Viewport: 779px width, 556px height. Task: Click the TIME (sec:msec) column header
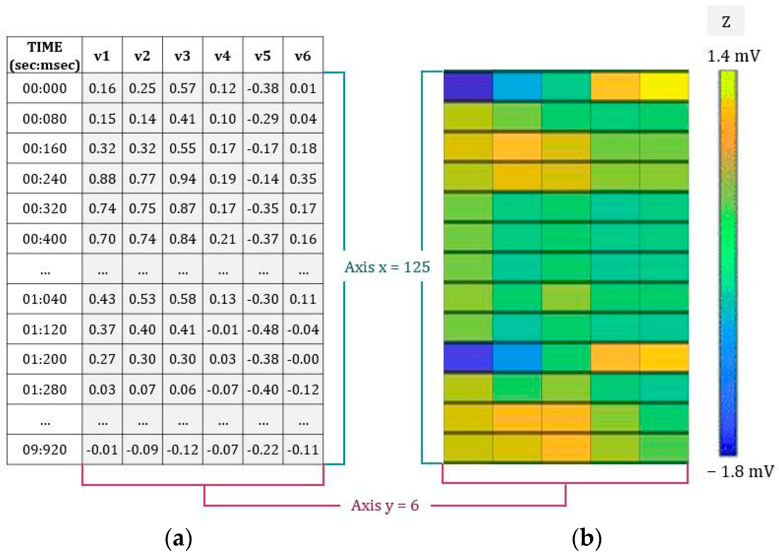click(x=45, y=56)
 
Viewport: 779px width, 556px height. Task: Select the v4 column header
click(x=223, y=56)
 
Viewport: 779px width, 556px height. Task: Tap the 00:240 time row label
click(x=45, y=179)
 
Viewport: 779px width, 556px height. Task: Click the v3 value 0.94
click(x=182, y=179)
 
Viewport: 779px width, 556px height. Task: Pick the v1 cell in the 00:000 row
click(x=102, y=88)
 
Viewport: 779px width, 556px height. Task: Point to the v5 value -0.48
click(x=263, y=329)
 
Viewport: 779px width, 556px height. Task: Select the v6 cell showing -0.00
click(x=303, y=359)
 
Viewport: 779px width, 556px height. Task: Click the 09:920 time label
click(x=45, y=449)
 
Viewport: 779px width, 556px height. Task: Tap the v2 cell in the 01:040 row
click(x=142, y=299)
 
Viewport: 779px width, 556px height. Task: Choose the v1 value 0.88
click(x=102, y=179)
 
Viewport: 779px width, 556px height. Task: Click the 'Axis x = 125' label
click(x=387, y=267)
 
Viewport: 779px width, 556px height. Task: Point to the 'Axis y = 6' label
click(x=385, y=505)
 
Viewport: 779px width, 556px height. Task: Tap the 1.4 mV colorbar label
click(x=734, y=56)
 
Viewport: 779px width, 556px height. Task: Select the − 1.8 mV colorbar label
click(x=740, y=472)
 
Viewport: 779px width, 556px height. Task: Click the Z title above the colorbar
click(x=726, y=22)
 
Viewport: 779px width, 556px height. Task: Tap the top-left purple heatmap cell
click(x=468, y=86)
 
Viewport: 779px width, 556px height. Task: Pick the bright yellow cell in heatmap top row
click(x=664, y=86)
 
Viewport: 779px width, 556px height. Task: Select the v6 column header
click(x=303, y=56)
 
